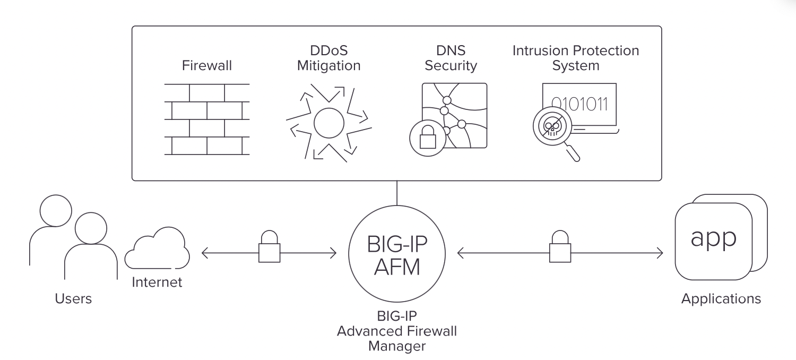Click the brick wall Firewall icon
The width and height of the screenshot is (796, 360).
point(206,119)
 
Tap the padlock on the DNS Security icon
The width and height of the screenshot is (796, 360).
point(427,138)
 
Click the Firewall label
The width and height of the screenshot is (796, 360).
point(207,66)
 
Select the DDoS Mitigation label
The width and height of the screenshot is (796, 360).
point(329,58)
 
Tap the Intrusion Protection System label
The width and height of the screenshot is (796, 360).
point(576,58)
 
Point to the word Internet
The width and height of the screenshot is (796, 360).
point(157,282)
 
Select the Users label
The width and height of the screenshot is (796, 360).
point(73,299)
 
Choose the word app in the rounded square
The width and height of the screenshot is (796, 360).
point(713,239)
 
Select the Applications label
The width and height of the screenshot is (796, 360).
point(721,298)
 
